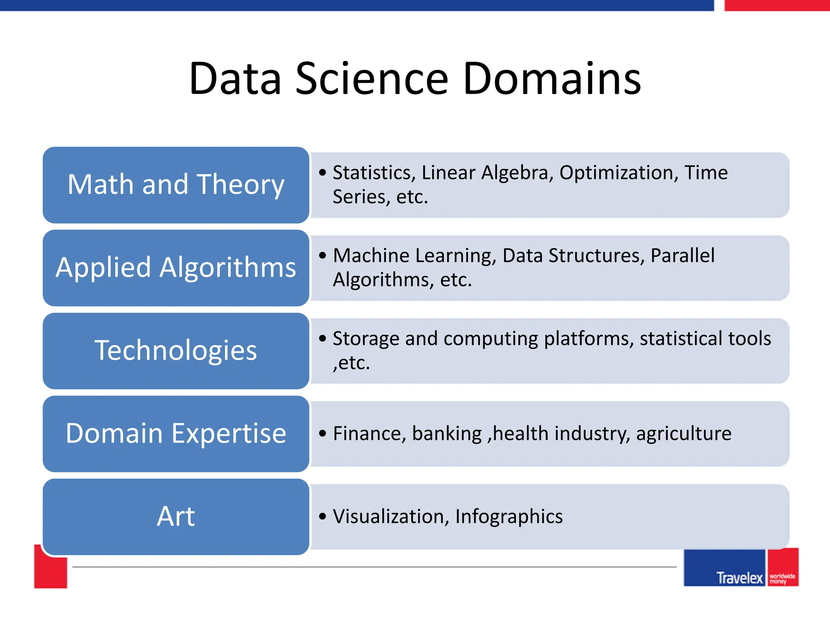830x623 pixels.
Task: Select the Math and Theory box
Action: [176, 185]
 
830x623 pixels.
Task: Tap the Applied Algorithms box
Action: [176, 268]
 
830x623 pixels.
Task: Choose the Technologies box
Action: [176, 351]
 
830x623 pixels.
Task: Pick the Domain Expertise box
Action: [176, 434]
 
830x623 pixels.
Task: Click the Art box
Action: [176, 517]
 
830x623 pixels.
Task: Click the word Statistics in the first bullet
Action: [374, 173]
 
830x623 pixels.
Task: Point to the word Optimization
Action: [619, 173]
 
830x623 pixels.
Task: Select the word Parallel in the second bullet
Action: [682, 256]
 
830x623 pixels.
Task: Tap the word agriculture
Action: [684, 434]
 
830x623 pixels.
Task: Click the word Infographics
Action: [509, 517]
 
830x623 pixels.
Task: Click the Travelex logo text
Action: [739, 578]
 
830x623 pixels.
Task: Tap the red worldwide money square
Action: [783, 567]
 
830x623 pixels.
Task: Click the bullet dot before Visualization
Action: [323, 517]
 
